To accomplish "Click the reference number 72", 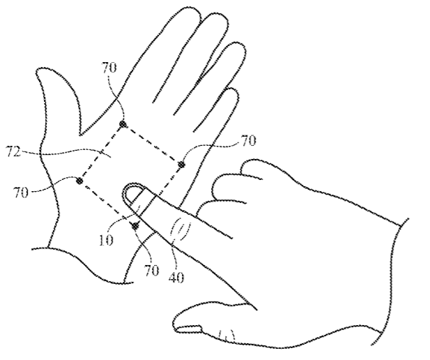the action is [14, 152].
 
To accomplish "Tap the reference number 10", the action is [106, 241].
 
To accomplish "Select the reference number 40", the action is [176, 278].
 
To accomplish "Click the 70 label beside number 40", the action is [152, 271].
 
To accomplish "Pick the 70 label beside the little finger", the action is [249, 141].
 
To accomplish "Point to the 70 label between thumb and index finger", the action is [109, 68].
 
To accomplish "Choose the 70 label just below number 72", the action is [21, 193].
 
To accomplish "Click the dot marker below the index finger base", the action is [123, 124].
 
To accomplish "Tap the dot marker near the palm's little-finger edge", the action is [181, 165].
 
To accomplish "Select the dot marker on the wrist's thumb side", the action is [79, 181].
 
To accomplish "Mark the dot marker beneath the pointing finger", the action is [135, 226].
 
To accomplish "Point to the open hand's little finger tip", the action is [233, 92].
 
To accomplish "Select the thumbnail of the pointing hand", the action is [190, 329].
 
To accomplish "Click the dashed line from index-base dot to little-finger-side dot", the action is [152, 144].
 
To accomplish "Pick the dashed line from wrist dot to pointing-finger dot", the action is [107, 204].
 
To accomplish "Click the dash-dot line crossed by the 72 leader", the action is [102, 152].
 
